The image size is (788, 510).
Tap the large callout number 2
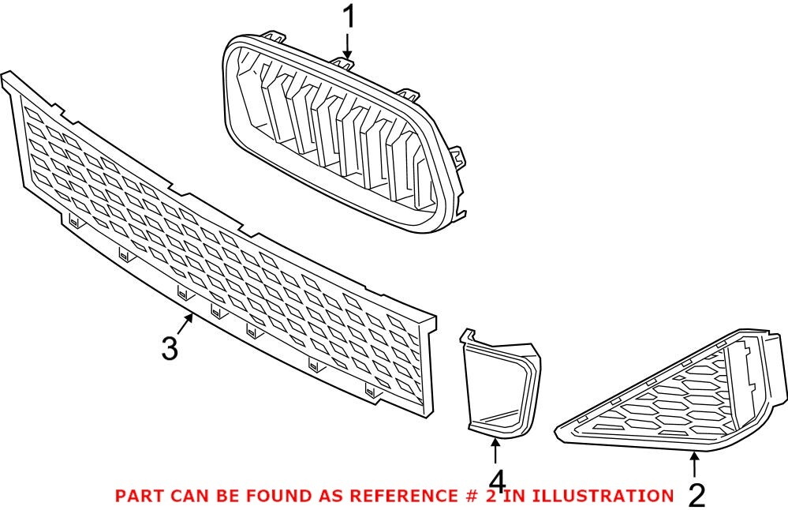click(x=696, y=495)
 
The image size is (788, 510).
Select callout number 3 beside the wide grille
click(x=170, y=347)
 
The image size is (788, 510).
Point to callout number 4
click(x=496, y=481)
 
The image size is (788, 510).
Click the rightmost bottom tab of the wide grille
click(x=372, y=388)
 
